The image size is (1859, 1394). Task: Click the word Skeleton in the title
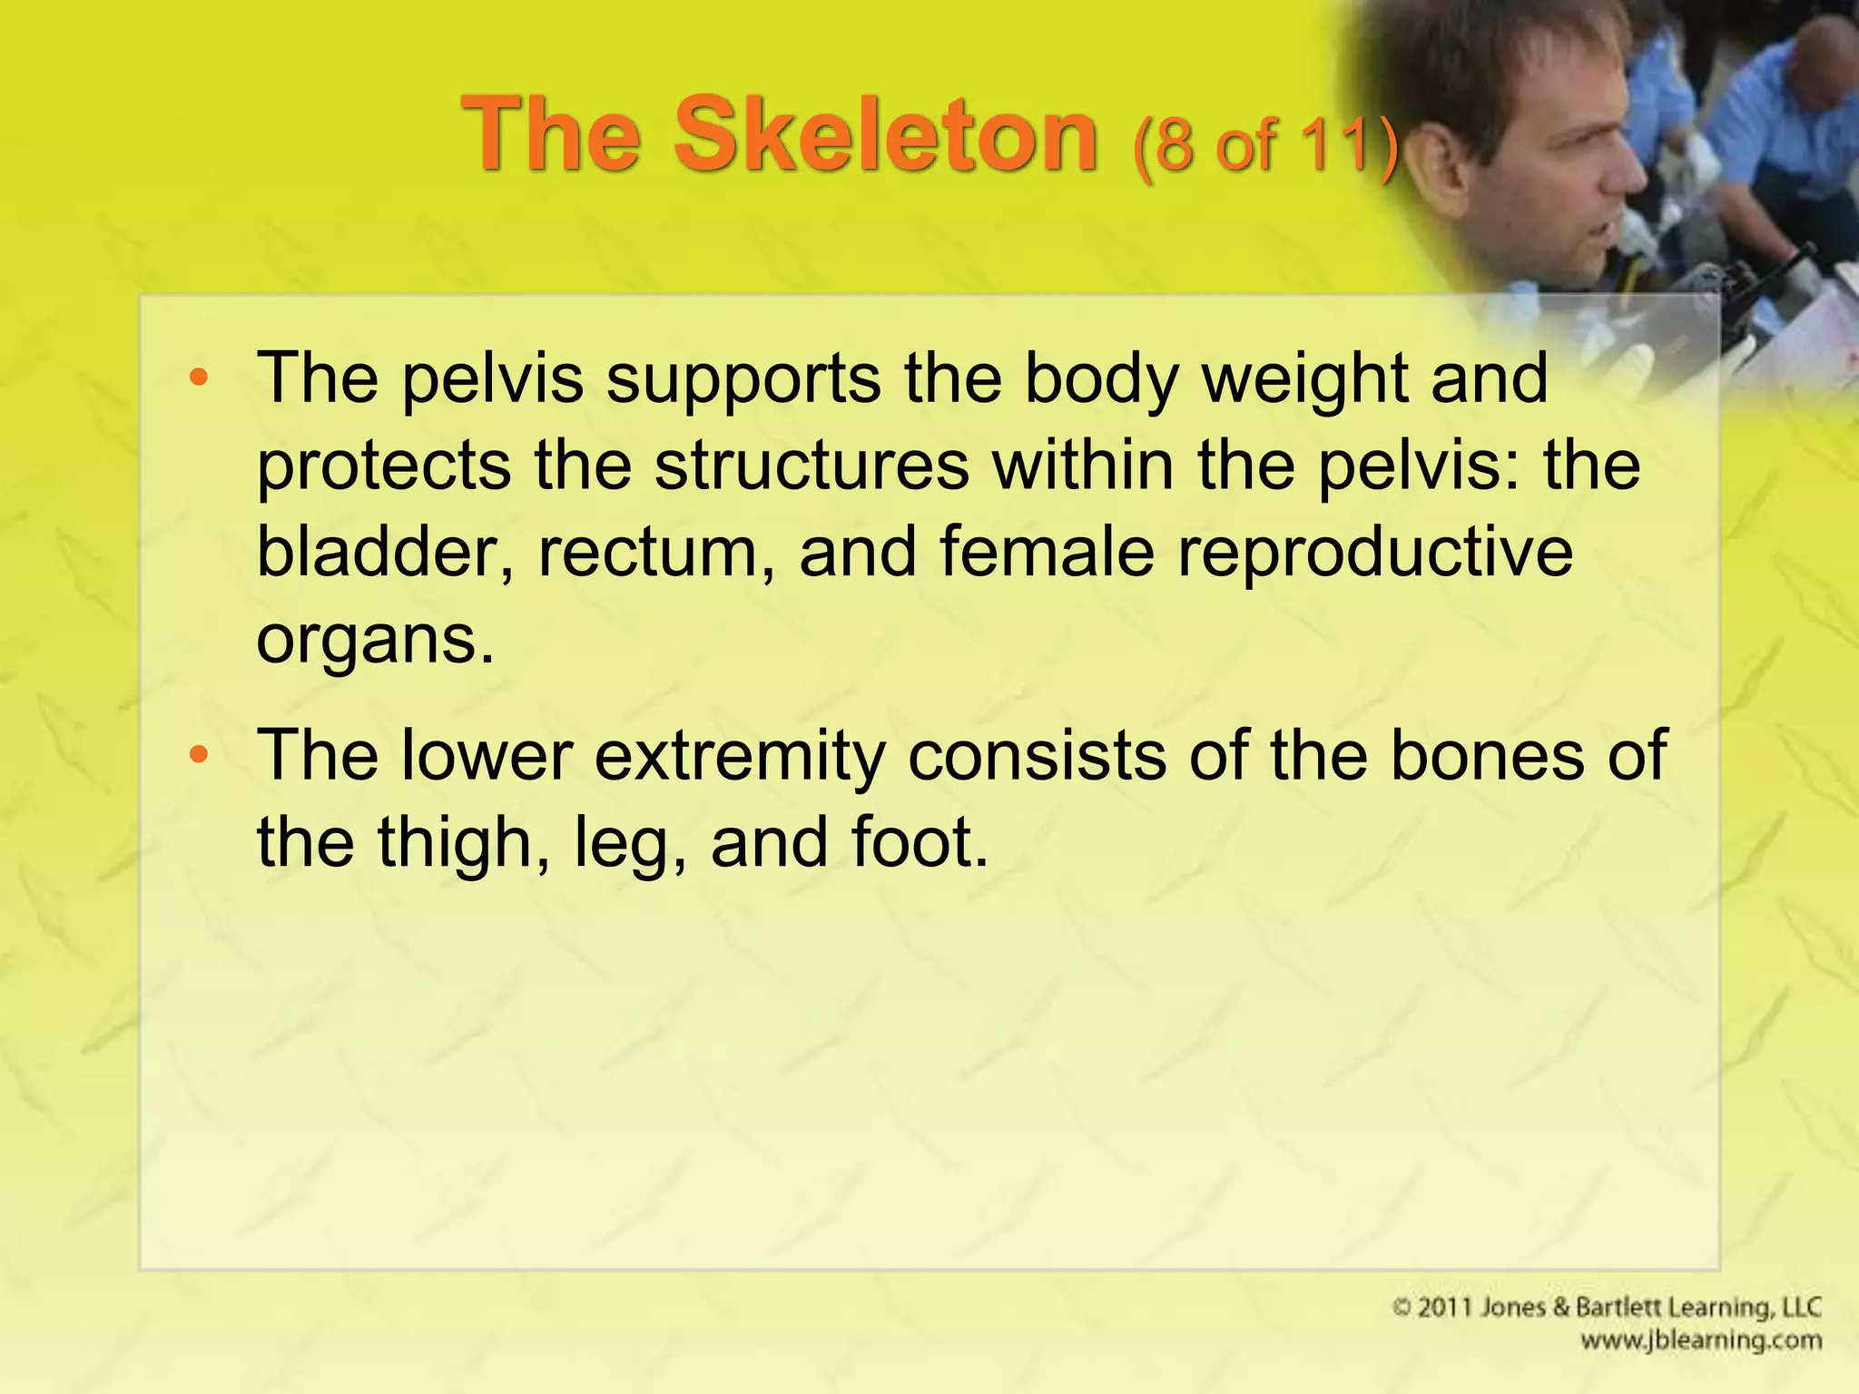pos(885,136)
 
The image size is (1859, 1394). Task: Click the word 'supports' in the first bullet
pos(743,379)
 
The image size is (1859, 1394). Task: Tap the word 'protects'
pos(384,467)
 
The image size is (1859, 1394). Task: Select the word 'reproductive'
pos(1375,554)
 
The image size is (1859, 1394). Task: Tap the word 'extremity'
pos(740,756)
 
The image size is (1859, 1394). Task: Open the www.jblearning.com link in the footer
pos(1700,1340)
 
